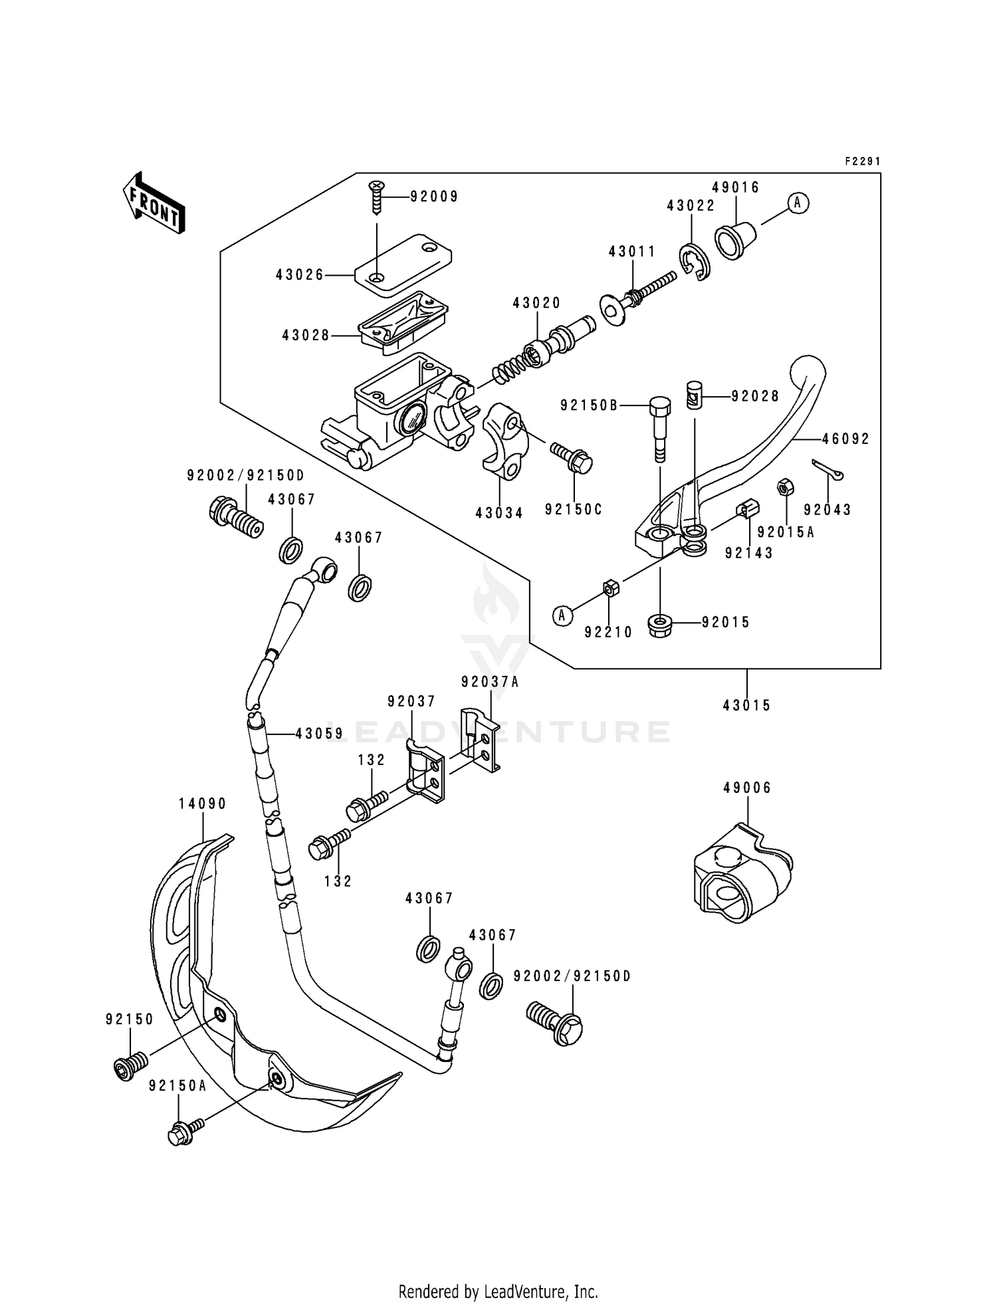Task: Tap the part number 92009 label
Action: tap(434, 197)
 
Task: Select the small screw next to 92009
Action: tap(377, 197)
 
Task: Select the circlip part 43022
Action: tap(695, 263)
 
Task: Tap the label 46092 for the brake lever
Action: tap(845, 439)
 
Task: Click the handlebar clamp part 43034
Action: tap(504, 449)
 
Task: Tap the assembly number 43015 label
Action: tap(747, 705)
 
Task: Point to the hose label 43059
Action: tap(319, 734)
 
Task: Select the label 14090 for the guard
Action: tap(202, 804)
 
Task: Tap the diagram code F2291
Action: tap(862, 162)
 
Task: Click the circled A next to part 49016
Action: tap(798, 203)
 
